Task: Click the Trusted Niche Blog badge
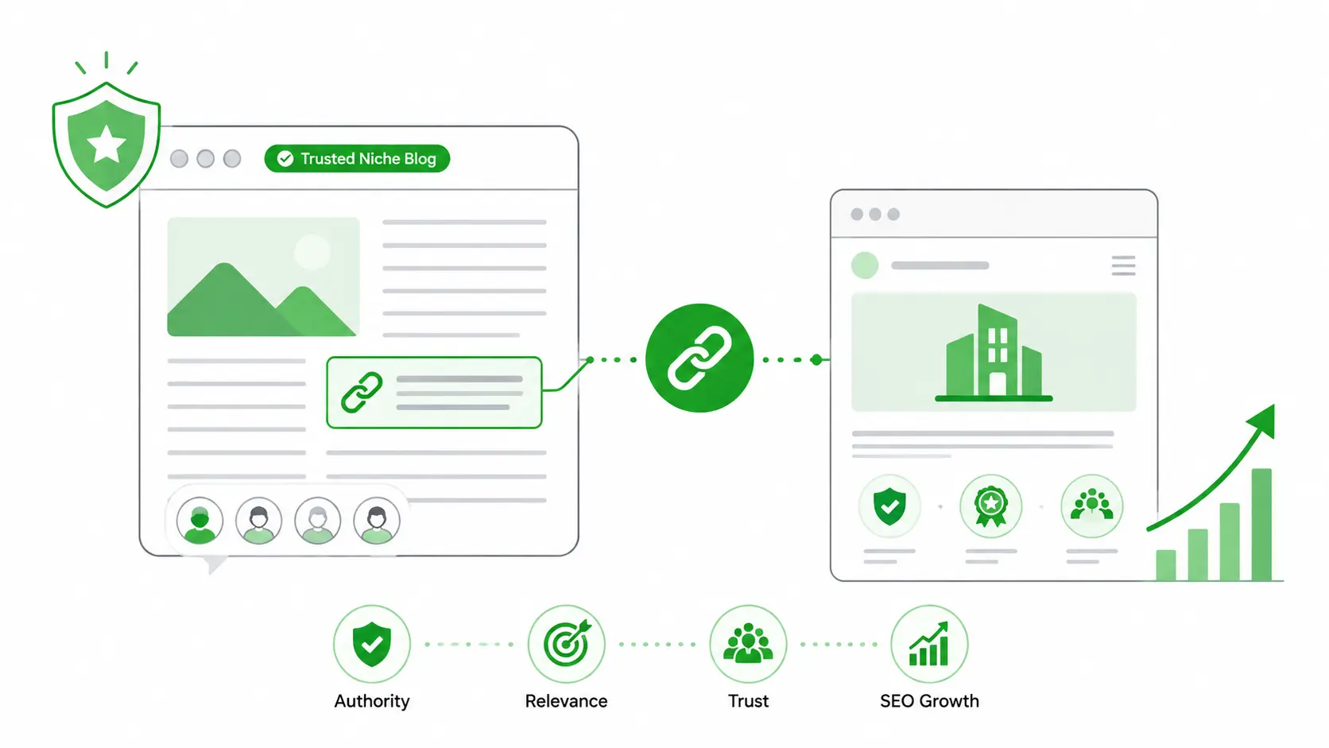tap(357, 158)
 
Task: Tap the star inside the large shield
tap(107, 144)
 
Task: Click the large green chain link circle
tap(699, 358)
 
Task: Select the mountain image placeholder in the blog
tap(263, 277)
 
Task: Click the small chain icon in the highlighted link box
tap(362, 392)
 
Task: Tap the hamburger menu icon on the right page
tap(1123, 265)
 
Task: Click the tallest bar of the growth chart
tap(1262, 525)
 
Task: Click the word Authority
tap(372, 701)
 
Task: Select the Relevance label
tap(566, 701)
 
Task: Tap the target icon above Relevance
tap(567, 644)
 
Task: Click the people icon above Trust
tap(748, 643)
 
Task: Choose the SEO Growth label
tap(929, 701)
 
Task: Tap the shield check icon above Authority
tap(372, 644)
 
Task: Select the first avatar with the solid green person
tap(200, 521)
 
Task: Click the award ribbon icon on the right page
tap(991, 506)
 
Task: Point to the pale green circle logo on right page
tap(865, 265)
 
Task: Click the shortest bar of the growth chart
tap(1166, 565)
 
